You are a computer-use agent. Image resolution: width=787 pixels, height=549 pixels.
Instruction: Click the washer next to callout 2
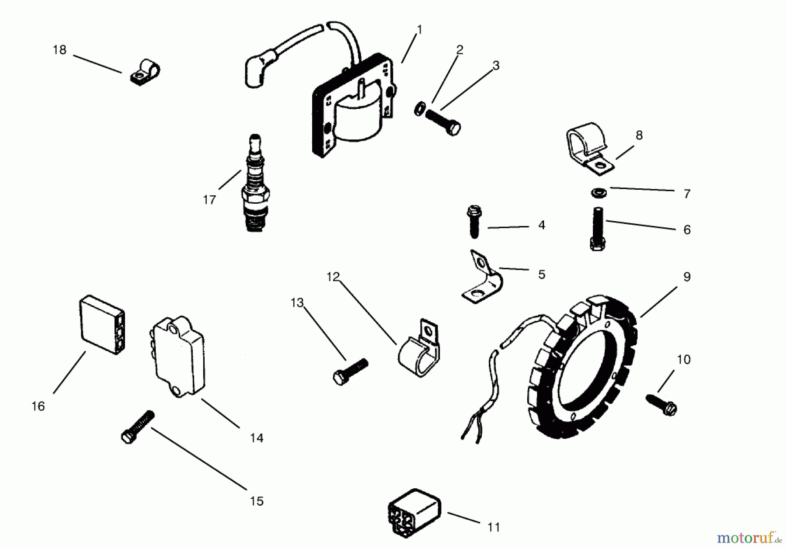(420, 108)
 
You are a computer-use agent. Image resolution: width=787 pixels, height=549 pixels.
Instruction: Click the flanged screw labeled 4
(474, 222)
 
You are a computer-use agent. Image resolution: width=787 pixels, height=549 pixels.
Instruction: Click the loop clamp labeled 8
(587, 147)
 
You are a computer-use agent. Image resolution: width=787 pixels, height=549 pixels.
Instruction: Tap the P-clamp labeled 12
(420, 350)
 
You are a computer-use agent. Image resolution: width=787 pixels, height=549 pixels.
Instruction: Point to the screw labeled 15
(137, 427)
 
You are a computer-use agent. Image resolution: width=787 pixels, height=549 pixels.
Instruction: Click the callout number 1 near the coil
(419, 30)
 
